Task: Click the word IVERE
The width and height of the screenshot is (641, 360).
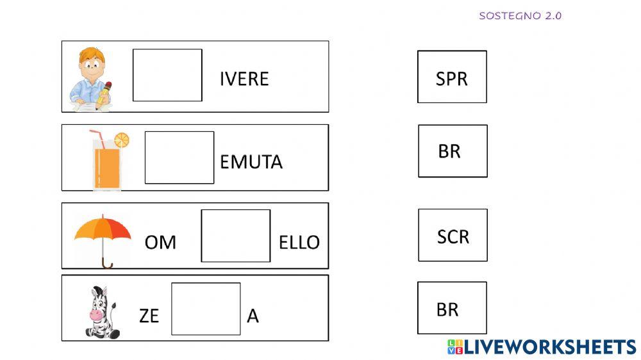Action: click(x=244, y=79)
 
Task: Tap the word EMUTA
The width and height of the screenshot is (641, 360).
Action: click(x=251, y=161)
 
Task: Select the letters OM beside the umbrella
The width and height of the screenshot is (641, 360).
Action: click(x=160, y=242)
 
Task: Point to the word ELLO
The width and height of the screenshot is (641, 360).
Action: click(x=299, y=242)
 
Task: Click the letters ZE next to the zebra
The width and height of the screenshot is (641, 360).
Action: click(x=149, y=316)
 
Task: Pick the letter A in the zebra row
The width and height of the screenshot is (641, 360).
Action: click(x=253, y=316)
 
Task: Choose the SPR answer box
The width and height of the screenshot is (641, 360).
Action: click(x=452, y=77)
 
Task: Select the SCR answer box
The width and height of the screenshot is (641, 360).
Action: click(x=453, y=235)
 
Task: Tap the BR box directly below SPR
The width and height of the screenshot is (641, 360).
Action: click(x=453, y=151)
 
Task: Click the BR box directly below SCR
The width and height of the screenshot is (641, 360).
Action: click(x=452, y=308)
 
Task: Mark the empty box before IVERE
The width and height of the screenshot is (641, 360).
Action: click(x=167, y=75)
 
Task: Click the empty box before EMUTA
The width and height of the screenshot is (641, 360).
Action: click(x=179, y=158)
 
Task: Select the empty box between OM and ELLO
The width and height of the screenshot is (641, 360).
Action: click(x=236, y=236)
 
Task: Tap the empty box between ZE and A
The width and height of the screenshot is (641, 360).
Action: click(x=206, y=309)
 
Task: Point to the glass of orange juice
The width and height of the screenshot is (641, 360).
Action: click(x=106, y=163)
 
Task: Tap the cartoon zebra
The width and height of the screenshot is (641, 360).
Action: click(x=100, y=312)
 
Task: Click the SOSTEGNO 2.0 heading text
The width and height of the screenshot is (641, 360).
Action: click(x=520, y=16)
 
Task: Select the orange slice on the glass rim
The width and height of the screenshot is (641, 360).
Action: click(x=121, y=140)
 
